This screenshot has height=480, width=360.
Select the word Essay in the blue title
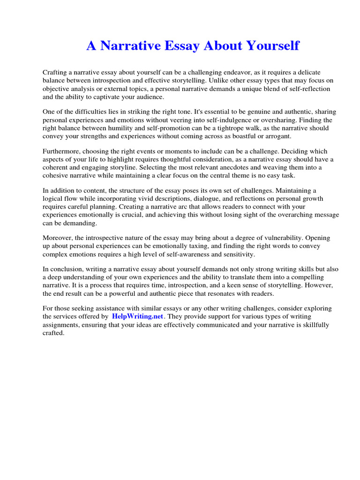(x=180, y=46)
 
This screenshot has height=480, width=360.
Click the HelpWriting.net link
(x=137, y=316)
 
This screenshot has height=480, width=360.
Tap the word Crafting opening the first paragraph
(x=55, y=72)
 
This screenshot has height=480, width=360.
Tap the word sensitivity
(x=239, y=254)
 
